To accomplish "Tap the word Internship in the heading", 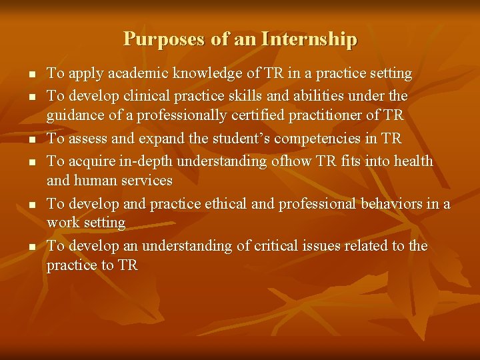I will click(x=309, y=39).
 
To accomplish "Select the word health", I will click(x=413, y=161).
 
